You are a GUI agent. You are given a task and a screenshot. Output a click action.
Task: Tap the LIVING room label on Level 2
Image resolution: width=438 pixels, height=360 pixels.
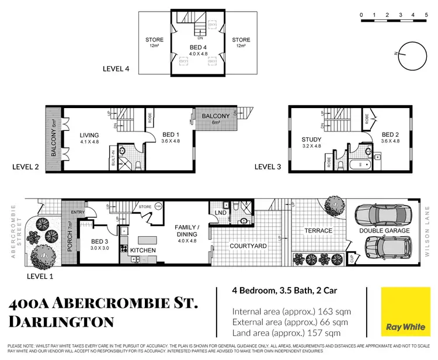click(x=90, y=136)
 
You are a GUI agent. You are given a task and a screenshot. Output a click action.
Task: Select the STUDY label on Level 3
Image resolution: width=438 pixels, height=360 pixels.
click(x=311, y=139)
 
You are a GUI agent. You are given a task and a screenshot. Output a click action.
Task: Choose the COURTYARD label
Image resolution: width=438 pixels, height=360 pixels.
click(x=248, y=246)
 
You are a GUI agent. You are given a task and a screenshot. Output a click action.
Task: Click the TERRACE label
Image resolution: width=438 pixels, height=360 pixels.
click(x=318, y=230)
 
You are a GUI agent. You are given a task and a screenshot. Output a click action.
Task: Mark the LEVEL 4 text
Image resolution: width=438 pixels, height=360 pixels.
click(x=116, y=69)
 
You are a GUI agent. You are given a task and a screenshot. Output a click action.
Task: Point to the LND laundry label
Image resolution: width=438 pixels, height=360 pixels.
click(x=221, y=212)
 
